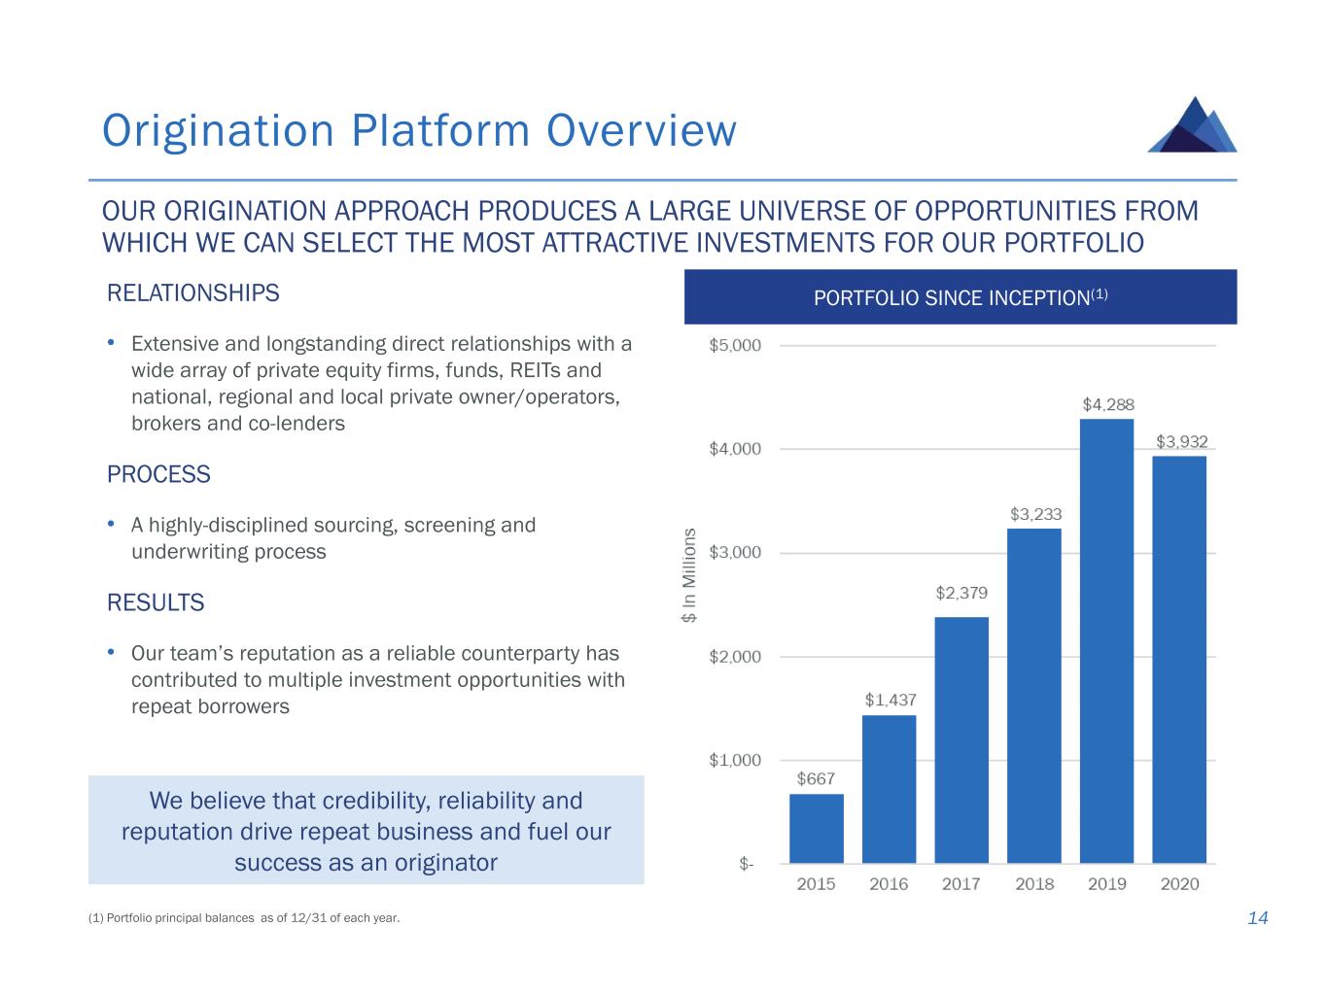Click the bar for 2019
1106,641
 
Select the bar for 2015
816,828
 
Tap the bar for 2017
961,739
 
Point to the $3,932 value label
1181,441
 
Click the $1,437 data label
890,700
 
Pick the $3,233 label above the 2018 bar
1035,514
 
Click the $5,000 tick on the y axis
735,345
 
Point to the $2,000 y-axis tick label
735,657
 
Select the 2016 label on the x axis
889,884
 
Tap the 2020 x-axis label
1179,884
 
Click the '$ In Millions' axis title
689,575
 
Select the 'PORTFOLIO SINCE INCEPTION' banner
960,297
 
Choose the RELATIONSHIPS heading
193,293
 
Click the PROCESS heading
158,475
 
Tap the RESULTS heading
156,603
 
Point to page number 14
1258,918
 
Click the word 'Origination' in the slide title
218,131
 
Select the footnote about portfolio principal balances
244,918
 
